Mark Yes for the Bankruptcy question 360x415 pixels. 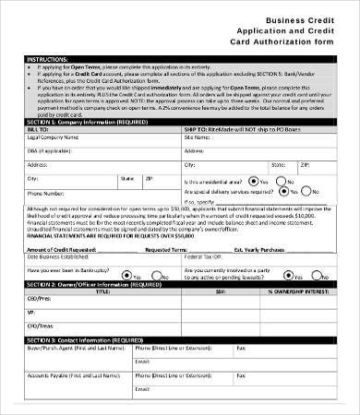click(129, 275)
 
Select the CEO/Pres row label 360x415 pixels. click(39, 301)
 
